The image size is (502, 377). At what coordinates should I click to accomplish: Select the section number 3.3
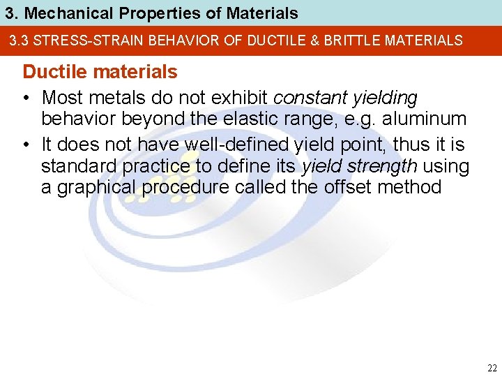coord(19,40)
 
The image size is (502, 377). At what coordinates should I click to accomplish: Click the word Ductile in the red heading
coord(51,72)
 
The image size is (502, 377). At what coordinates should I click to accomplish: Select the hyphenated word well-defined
coord(230,144)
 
